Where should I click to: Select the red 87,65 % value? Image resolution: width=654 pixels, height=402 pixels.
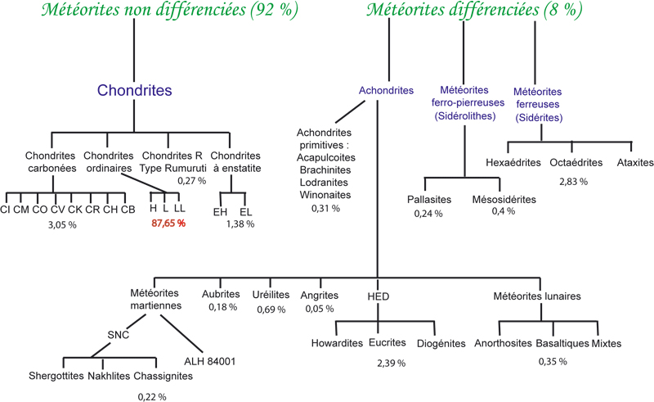tap(168, 222)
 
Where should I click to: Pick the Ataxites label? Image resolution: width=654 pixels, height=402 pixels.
tap(635, 162)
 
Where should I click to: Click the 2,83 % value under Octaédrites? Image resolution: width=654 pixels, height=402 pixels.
tap(572, 180)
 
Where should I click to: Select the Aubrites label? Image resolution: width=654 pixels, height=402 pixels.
tap(221, 294)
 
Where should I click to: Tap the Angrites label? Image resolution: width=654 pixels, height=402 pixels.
tap(318, 294)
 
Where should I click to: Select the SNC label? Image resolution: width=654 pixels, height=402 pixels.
tap(119, 334)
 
